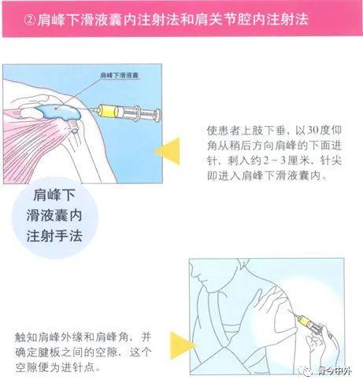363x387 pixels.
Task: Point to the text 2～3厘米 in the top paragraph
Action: [x=275, y=162]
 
